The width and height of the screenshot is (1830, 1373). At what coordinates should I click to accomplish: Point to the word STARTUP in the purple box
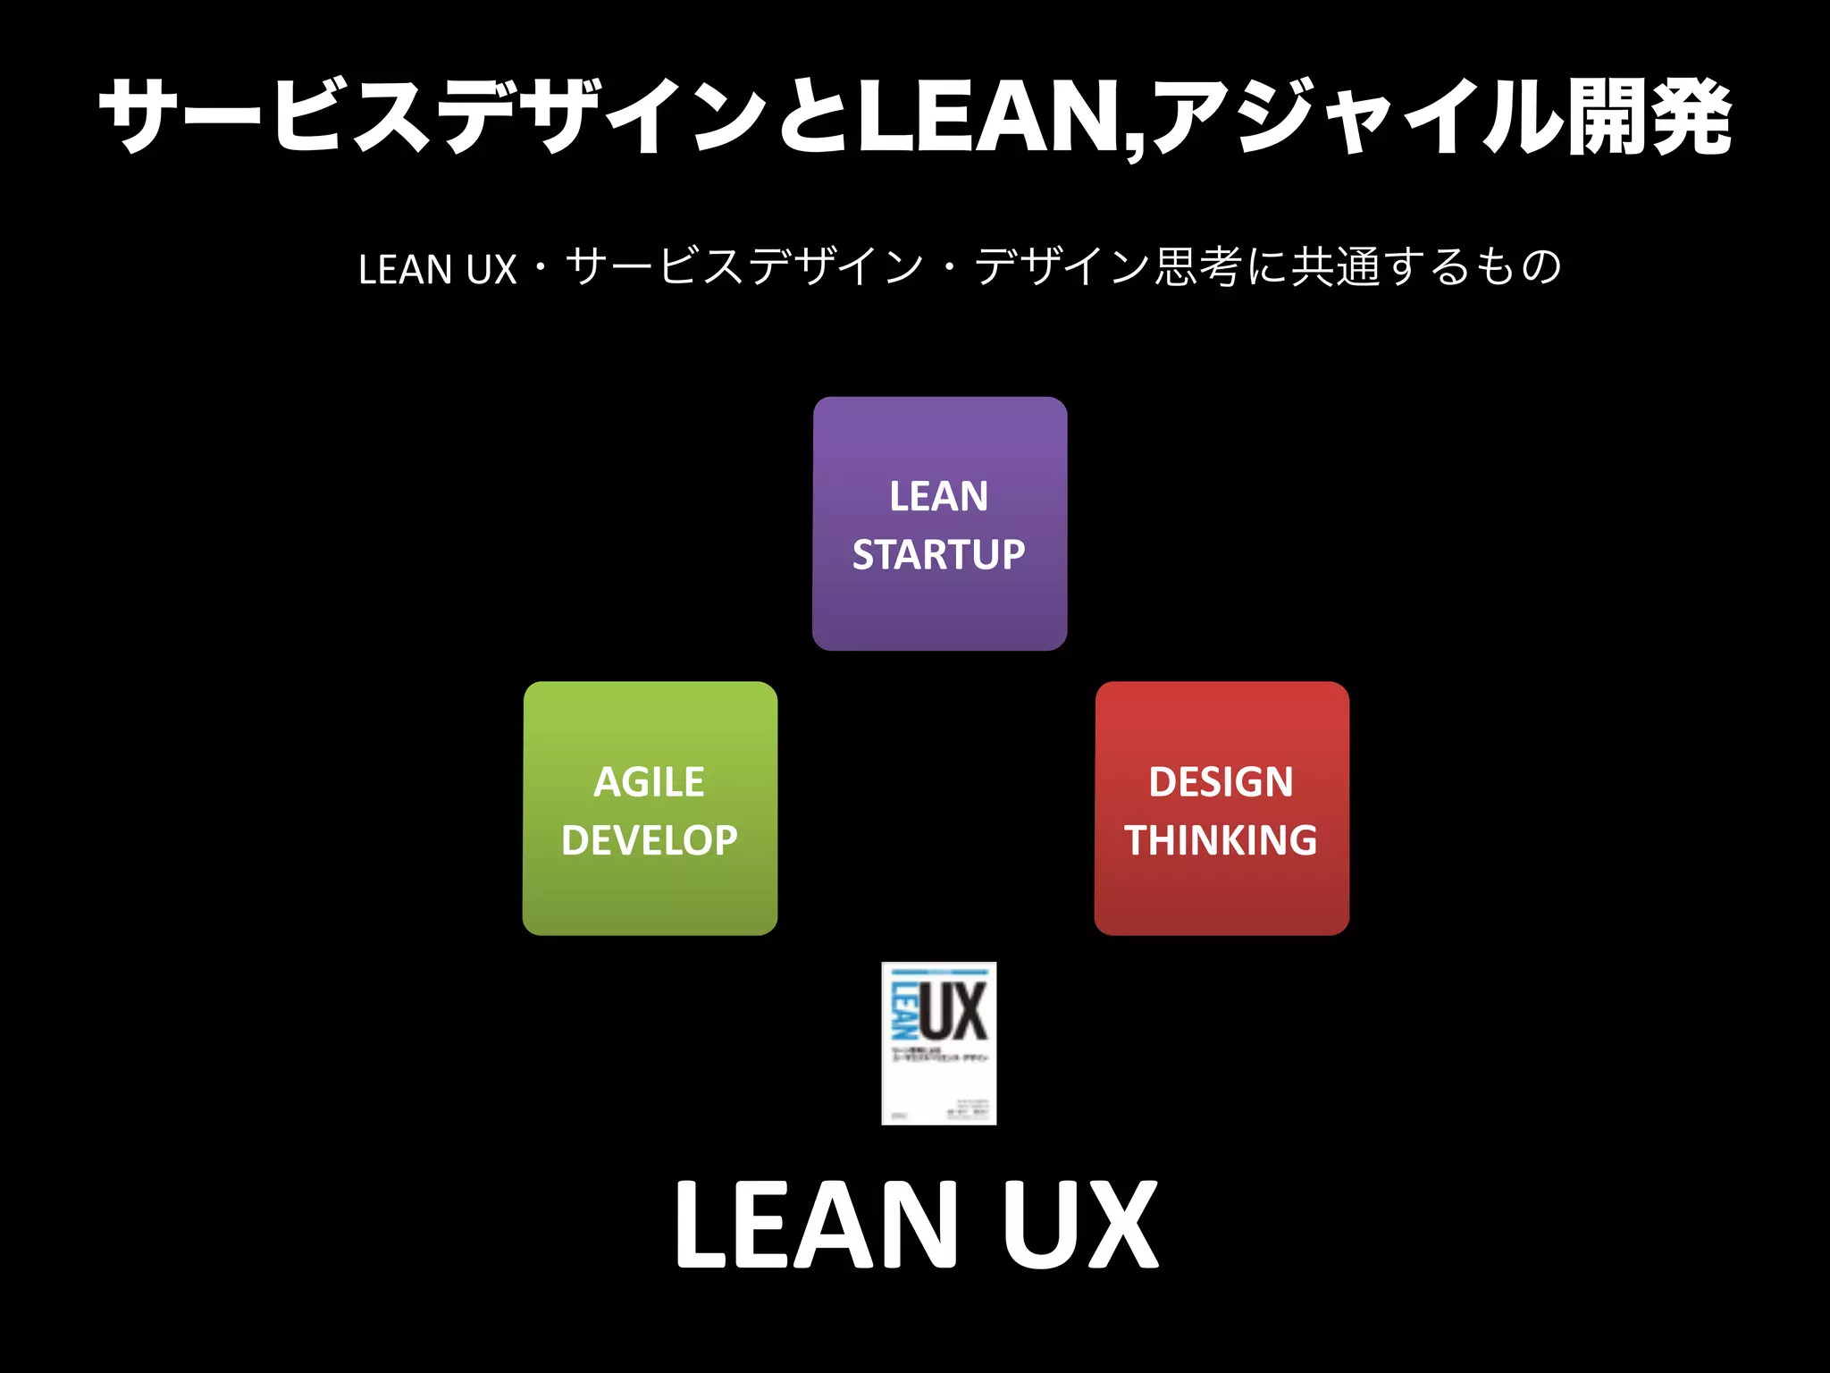pos(938,555)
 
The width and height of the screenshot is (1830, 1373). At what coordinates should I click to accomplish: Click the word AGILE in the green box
pos(650,783)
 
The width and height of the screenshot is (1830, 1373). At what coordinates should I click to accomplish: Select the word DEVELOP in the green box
pos(650,840)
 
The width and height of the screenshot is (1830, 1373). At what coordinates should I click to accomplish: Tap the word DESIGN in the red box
pos(1221,783)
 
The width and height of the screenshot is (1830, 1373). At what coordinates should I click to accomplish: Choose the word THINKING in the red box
pos(1221,840)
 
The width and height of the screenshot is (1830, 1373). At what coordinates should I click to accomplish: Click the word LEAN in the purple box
pos(938,497)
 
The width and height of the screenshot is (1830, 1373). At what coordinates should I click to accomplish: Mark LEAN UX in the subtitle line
pos(438,269)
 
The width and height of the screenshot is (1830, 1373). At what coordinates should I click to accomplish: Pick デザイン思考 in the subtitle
pos(1108,267)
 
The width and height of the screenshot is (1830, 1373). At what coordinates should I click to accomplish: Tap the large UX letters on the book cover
pos(954,1011)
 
